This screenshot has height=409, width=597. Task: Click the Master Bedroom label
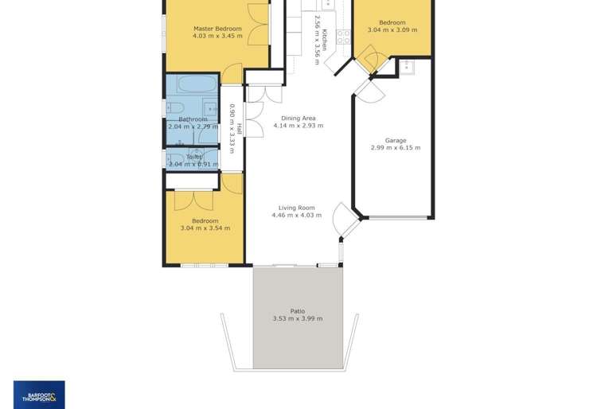(x=217, y=29)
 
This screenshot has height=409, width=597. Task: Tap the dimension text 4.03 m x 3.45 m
(x=217, y=37)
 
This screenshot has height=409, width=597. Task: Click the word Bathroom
(x=193, y=119)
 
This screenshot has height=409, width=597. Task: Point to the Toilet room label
(x=193, y=157)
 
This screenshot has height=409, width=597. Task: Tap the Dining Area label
(x=298, y=119)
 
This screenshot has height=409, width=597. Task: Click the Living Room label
(x=296, y=208)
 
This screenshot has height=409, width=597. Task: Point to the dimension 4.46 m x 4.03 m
(x=296, y=216)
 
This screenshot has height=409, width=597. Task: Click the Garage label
(x=396, y=140)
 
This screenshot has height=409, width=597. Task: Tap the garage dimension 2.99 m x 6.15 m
(x=396, y=148)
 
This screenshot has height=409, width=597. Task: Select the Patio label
(x=297, y=311)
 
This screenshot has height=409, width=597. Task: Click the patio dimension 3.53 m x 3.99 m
(x=297, y=319)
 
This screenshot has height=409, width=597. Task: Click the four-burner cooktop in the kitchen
(x=343, y=36)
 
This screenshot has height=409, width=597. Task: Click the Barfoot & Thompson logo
(x=39, y=395)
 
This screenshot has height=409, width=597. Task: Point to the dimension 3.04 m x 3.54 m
(x=205, y=228)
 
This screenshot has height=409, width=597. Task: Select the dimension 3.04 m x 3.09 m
(x=392, y=30)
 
